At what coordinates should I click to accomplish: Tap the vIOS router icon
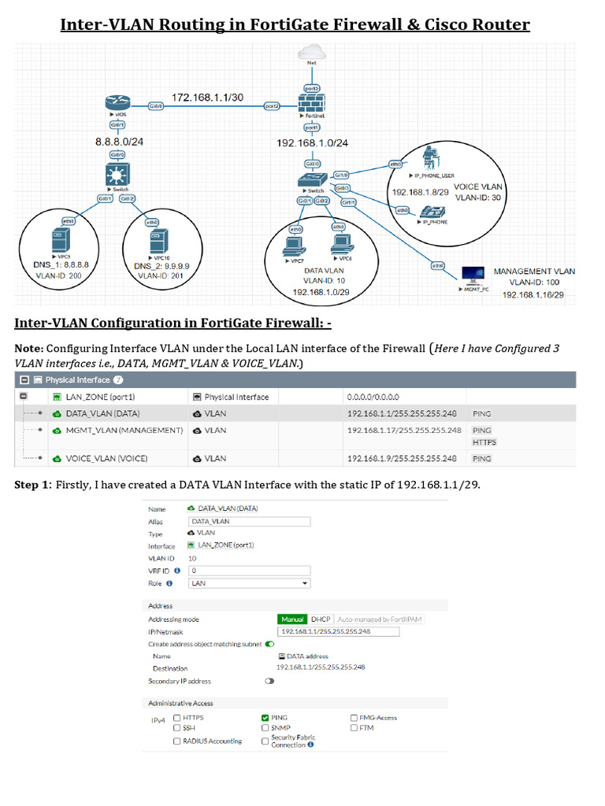(117, 102)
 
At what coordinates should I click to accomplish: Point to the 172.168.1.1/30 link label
(207, 97)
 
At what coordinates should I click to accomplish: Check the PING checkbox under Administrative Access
(265, 718)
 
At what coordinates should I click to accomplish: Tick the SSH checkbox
(176, 728)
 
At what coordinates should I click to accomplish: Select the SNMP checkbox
(265, 728)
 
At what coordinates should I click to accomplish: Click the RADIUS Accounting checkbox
(176, 741)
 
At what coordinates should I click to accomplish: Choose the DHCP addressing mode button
(320, 619)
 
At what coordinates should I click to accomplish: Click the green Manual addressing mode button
(292, 619)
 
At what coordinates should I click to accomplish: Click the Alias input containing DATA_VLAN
(249, 521)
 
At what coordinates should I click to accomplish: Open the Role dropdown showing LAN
(249, 583)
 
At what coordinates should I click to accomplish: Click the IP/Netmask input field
(339, 631)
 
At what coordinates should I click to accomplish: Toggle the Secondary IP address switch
(269, 681)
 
